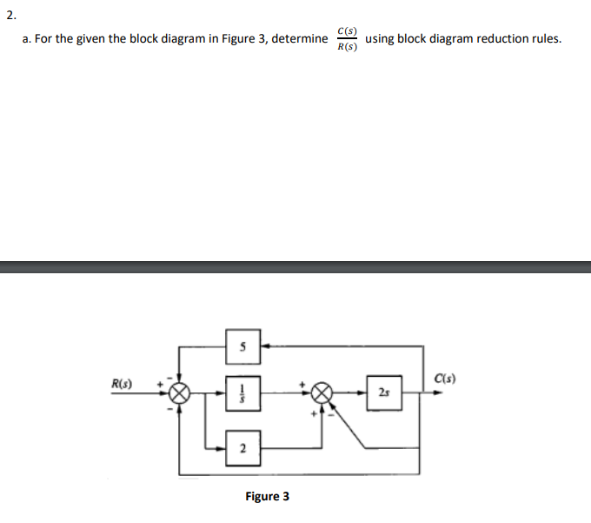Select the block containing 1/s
243,392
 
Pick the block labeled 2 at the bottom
243,448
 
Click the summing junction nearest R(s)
180,392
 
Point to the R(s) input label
123,382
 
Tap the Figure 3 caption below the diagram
267,496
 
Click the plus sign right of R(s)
160,382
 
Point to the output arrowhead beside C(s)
438,392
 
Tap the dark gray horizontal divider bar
295,266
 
